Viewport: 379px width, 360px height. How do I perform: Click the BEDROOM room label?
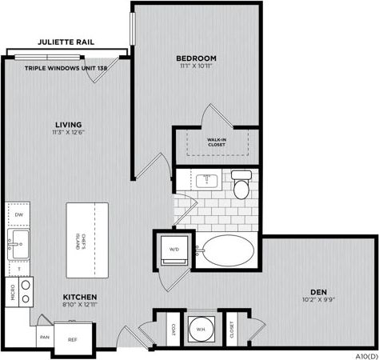197,58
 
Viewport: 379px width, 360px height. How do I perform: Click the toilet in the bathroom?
241,185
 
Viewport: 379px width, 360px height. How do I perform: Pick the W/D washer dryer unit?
174,249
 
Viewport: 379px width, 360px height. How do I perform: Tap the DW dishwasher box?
18,215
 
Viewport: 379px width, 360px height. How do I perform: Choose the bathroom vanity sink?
206,178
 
